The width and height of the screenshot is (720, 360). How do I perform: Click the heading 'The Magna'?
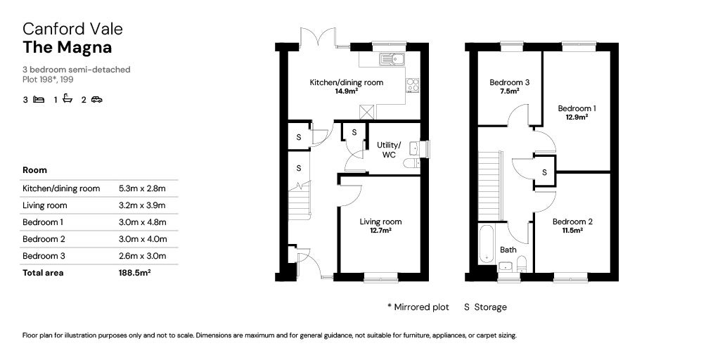click(x=67, y=47)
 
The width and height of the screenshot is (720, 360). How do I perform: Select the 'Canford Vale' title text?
click(x=72, y=29)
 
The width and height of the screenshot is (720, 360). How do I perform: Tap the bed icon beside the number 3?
click(x=39, y=99)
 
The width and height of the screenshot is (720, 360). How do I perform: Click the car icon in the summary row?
click(x=96, y=99)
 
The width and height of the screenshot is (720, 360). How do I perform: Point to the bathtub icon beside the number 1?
click(x=67, y=98)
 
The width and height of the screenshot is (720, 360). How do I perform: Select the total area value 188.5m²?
click(x=135, y=273)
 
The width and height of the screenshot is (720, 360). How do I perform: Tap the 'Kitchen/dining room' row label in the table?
click(x=61, y=188)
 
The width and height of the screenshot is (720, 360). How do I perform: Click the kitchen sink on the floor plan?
click(x=392, y=59)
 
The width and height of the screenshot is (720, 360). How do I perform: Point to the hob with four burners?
click(x=413, y=85)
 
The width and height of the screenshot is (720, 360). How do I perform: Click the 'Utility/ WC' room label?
click(x=389, y=150)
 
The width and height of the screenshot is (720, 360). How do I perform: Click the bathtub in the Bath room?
click(x=487, y=244)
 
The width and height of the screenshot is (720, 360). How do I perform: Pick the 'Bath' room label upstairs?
click(x=508, y=250)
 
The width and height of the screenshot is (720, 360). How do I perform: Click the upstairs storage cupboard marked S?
click(x=545, y=172)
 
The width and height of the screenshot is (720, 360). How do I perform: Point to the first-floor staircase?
click(x=490, y=186)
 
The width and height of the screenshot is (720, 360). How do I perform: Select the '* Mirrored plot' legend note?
click(x=418, y=307)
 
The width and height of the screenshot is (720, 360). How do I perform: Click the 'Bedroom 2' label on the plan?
click(x=572, y=221)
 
